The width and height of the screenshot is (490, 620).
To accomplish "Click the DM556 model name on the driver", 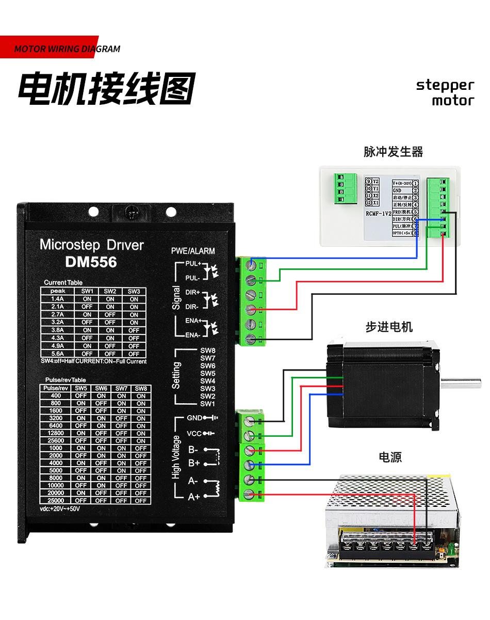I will click(91, 262).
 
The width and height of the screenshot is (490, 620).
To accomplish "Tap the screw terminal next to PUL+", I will click(251, 265).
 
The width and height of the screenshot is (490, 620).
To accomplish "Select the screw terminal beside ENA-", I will click(251, 339).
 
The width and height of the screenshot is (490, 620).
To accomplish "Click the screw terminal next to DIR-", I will click(251, 309).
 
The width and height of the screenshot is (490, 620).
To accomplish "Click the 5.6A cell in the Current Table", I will click(58, 354).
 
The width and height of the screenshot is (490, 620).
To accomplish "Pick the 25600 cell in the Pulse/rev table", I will click(56, 441).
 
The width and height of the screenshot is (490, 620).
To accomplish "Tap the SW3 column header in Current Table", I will click(134, 291).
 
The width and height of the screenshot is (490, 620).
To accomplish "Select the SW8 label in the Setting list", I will click(207, 351).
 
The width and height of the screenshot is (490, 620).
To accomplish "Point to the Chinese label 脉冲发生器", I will click(393, 152).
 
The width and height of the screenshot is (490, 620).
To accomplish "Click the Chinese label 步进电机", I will click(389, 327).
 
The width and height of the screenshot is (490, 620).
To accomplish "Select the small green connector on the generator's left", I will click(340, 189).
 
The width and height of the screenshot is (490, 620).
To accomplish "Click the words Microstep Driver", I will click(91, 244).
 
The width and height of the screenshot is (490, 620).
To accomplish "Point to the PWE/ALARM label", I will click(193, 251).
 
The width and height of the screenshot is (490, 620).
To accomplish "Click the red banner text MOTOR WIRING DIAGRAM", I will click(67, 50).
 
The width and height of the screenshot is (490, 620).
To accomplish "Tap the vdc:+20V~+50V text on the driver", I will click(60, 508).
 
